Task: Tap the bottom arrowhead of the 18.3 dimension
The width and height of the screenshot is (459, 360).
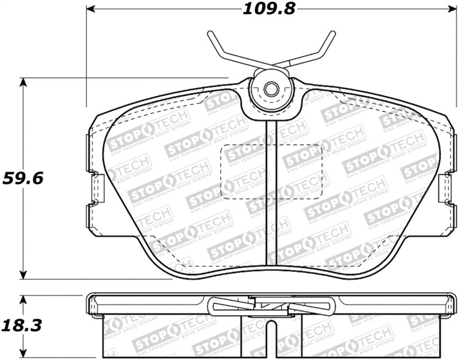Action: [x=24, y=353]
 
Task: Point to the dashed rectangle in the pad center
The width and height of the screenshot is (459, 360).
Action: [x=271, y=171]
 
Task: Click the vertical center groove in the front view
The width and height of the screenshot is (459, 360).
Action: [x=272, y=195]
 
